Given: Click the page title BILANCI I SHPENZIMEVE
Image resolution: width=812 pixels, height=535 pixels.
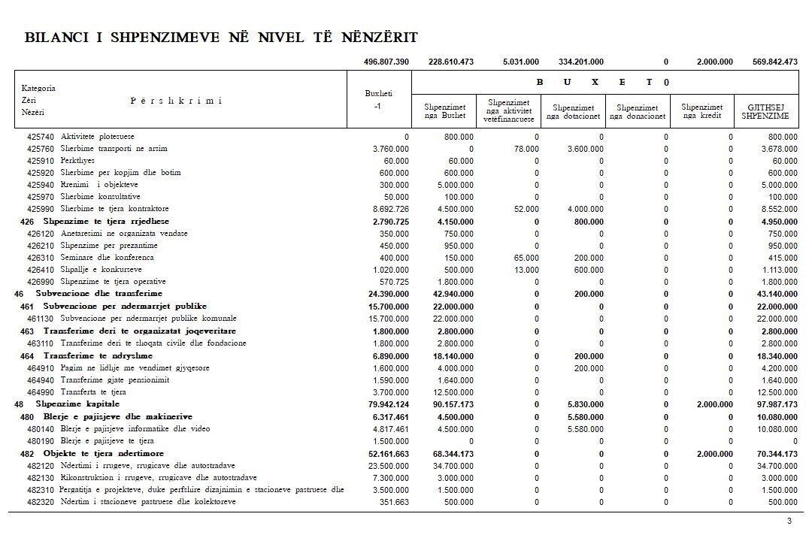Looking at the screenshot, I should point(221,38).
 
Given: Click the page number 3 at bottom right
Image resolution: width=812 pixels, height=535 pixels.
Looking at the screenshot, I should point(789,521).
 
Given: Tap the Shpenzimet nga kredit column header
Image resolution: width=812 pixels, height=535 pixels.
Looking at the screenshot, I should point(701,111).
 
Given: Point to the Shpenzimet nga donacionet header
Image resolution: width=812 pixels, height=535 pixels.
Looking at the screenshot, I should point(638,112).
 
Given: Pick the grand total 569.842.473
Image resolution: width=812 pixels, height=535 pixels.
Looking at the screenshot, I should point(774,62).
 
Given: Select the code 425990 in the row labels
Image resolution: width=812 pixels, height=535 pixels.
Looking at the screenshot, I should point(40,209).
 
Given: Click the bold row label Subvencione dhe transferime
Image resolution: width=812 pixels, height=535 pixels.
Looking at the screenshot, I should point(98,293).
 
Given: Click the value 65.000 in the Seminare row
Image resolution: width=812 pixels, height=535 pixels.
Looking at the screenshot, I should point(526,258).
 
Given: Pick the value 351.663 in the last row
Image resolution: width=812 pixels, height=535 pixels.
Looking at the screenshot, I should point(394,502).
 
